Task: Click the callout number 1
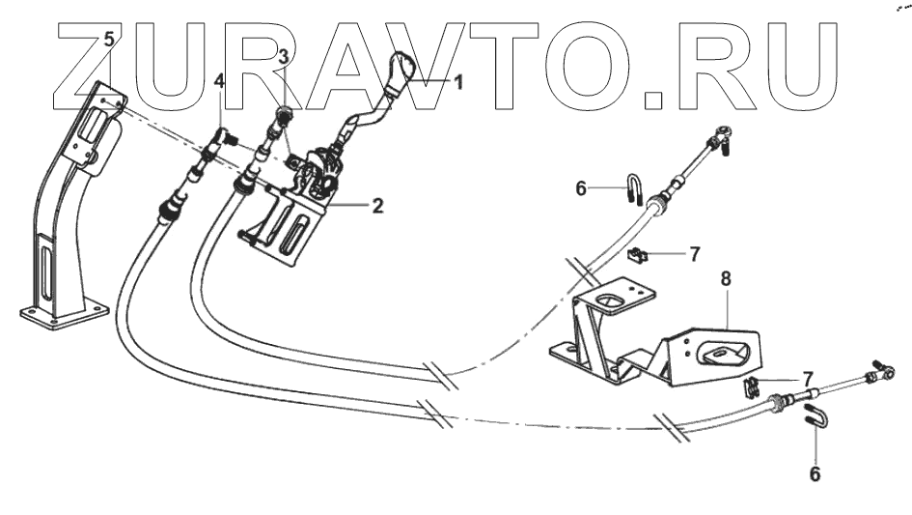(x=457, y=83)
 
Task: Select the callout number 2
(x=377, y=206)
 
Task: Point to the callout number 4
(x=219, y=81)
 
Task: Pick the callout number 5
(x=109, y=40)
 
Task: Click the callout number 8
(x=726, y=278)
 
